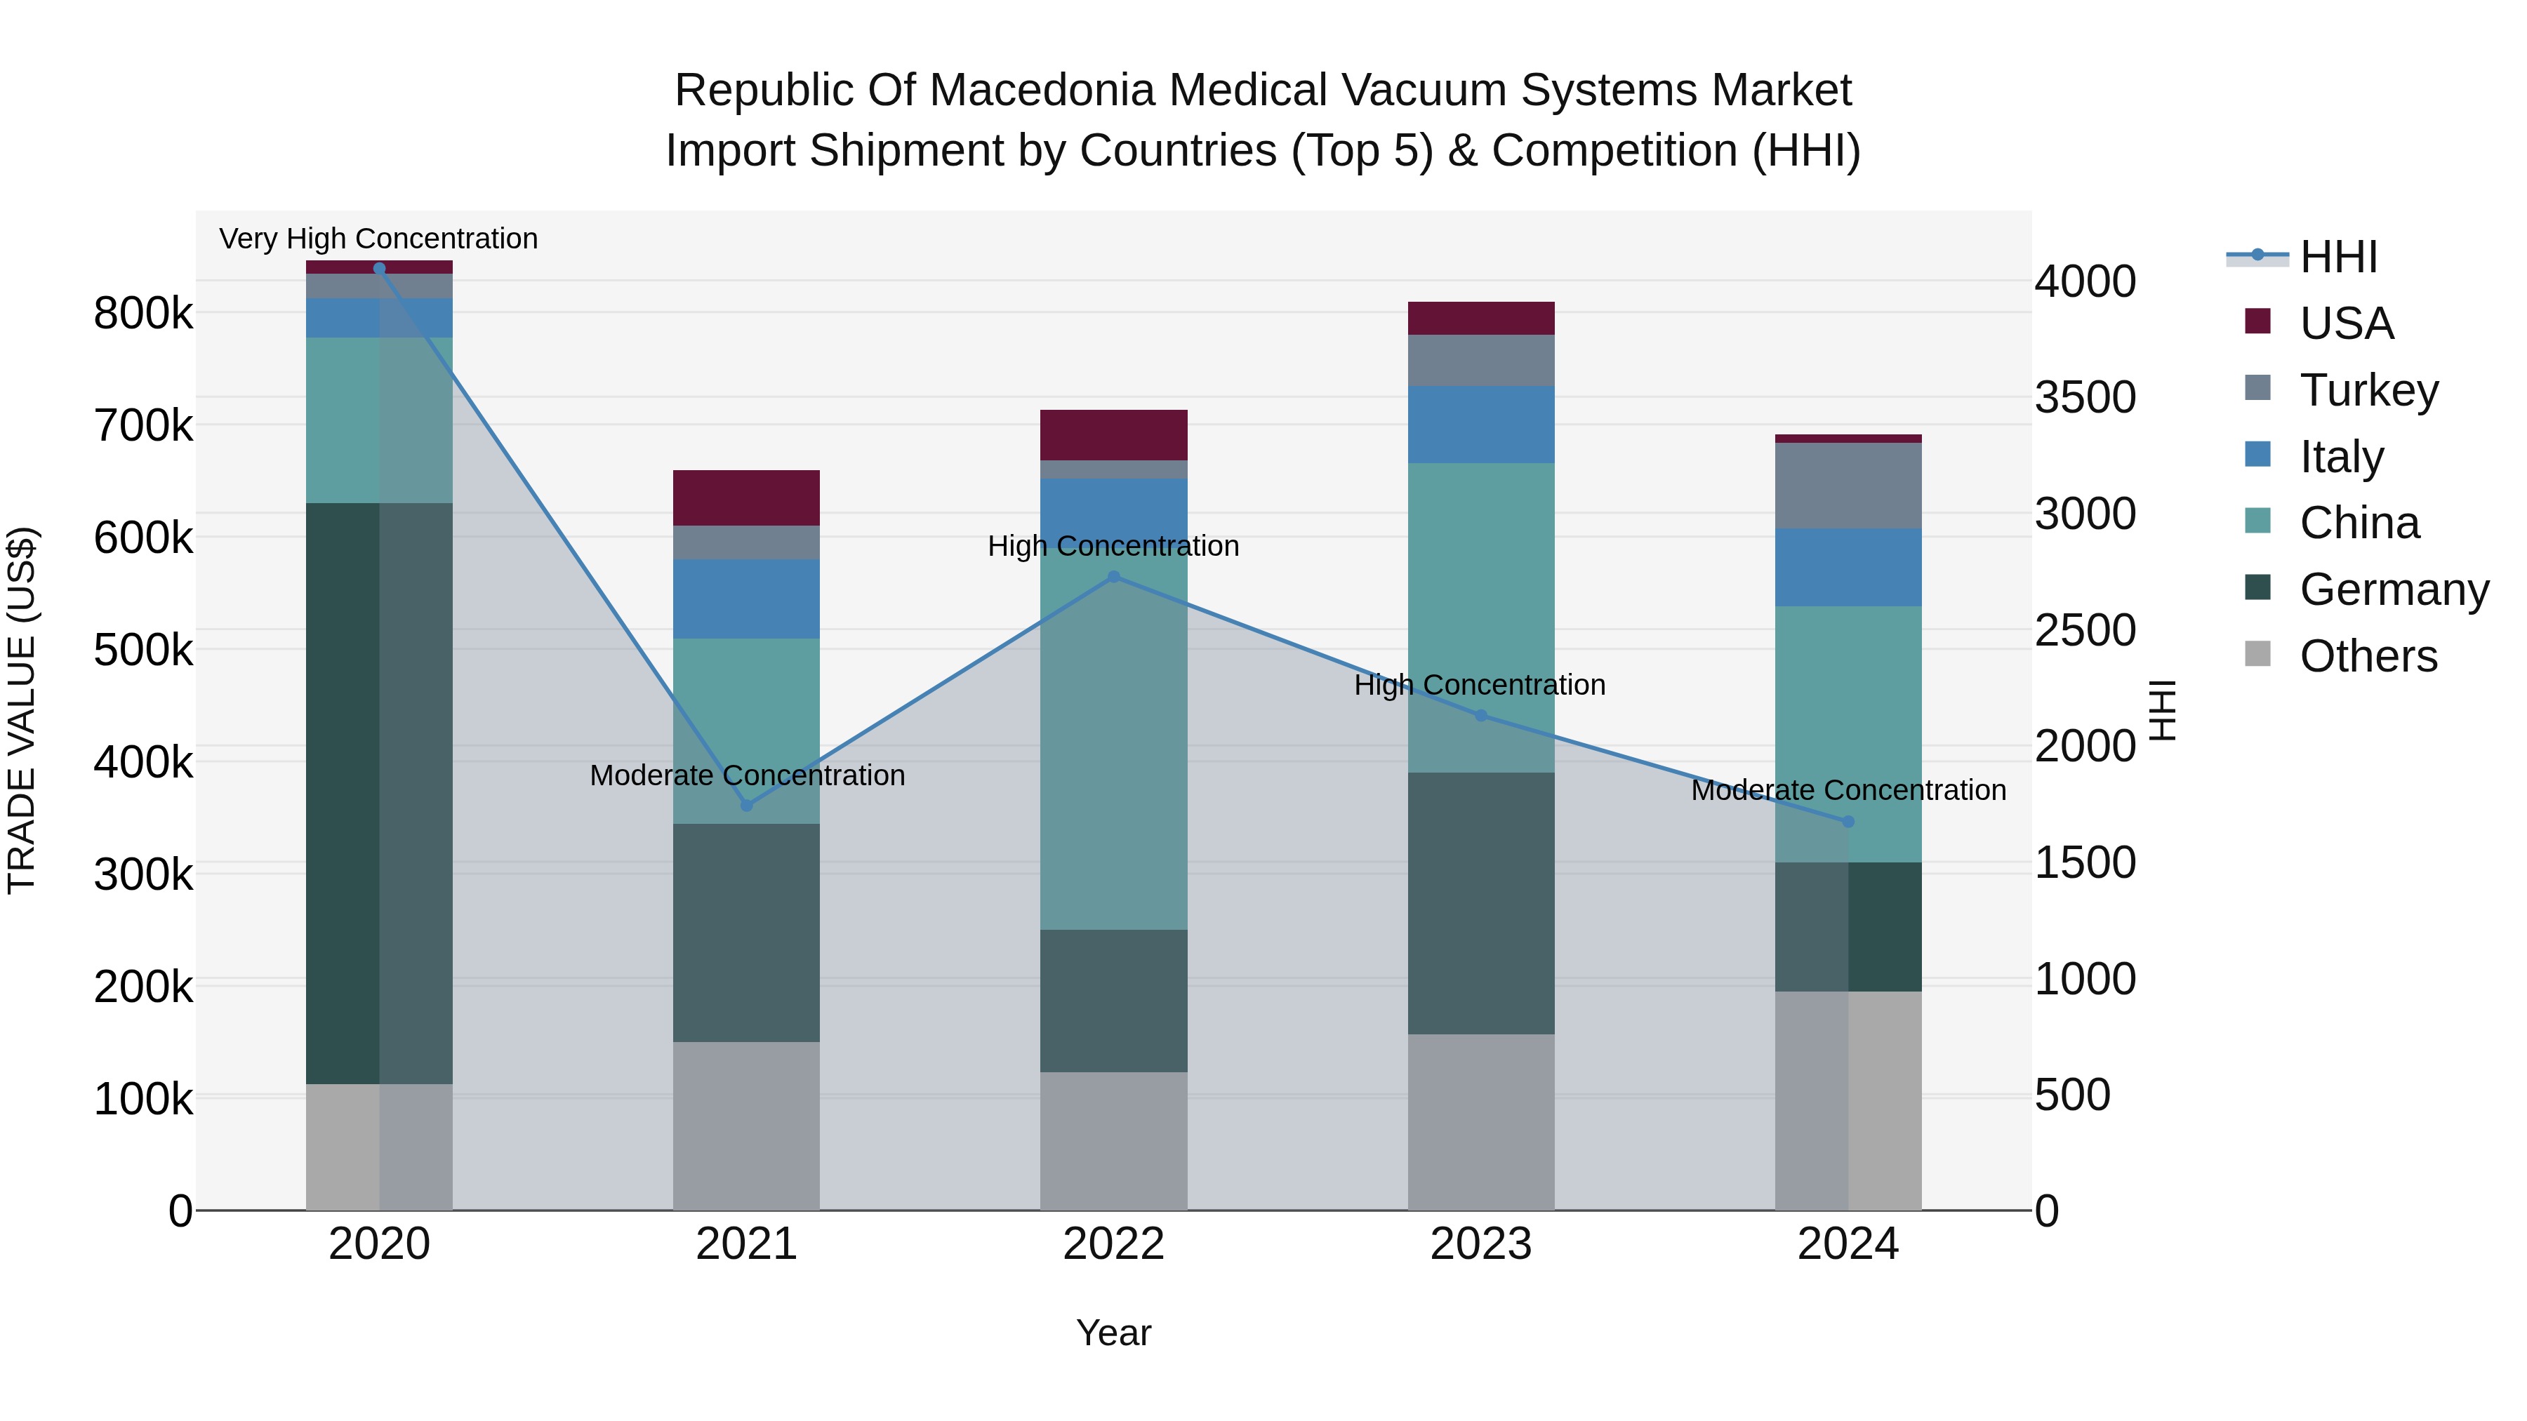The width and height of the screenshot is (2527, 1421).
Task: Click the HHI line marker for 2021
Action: coord(747,805)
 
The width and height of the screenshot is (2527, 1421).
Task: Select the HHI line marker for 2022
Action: coord(1113,577)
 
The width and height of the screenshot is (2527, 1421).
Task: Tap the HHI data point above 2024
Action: coord(1848,821)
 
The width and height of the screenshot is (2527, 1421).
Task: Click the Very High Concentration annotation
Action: coord(378,239)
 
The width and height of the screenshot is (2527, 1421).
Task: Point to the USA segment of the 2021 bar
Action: coord(747,498)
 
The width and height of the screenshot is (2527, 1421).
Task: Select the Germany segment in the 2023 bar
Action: coord(1481,902)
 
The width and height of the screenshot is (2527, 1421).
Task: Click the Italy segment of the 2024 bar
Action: coord(1848,567)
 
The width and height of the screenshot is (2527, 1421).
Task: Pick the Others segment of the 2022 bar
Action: coord(1113,1140)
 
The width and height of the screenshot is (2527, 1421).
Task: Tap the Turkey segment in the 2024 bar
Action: coord(1848,486)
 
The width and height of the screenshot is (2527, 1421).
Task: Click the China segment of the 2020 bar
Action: coord(378,420)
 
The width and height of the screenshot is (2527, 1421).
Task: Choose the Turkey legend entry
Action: coord(2368,390)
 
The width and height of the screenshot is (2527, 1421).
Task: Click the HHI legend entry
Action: coord(2337,257)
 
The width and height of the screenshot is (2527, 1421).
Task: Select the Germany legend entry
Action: coord(2394,589)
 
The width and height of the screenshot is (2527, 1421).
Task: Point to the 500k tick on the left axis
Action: coord(143,649)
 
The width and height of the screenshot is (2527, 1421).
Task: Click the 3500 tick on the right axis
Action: coord(2085,397)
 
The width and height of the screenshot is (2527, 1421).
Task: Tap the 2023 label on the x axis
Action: coord(1481,1244)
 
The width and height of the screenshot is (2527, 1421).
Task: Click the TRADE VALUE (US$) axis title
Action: coord(22,711)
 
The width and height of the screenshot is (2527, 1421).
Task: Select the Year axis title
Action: coord(1113,1333)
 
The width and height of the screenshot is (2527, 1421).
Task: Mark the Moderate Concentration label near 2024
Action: coord(1848,789)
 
